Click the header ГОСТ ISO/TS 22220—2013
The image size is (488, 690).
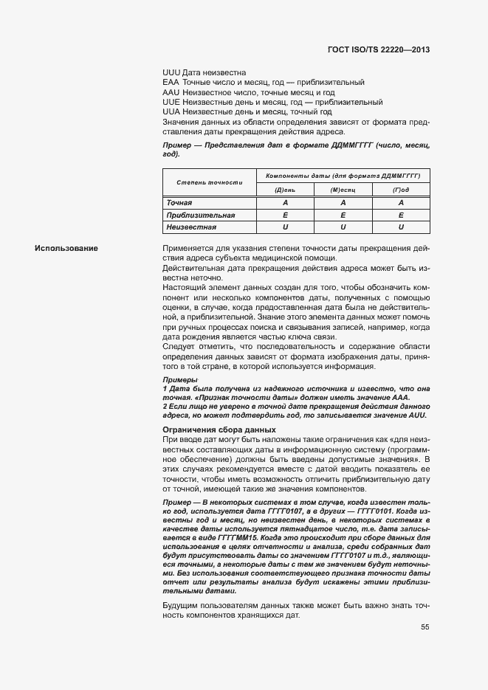(x=379, y=50)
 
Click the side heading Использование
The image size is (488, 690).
(x=66, y=248)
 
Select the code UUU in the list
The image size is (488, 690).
(x=171, y=73)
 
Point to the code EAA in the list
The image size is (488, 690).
(x=171, y=83)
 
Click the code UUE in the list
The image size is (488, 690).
(x=171, y=103)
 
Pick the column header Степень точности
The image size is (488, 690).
(x=209, y=182)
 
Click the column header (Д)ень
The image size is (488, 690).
(x=284, y=190)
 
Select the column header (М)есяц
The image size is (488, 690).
(x=343, y=190)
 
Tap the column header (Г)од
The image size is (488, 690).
(x=401, y=190)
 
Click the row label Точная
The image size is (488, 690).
(x=179, y=202)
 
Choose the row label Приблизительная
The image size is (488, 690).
(x=201, y=215)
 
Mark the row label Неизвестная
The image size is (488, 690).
(x=191, y=227)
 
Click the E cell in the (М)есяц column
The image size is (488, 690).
(x=343, y=215)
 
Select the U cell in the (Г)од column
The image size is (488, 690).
(x=401, y=227)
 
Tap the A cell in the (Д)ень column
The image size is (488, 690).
(x=284, y=202)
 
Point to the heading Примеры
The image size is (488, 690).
(x=179, y=379)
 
